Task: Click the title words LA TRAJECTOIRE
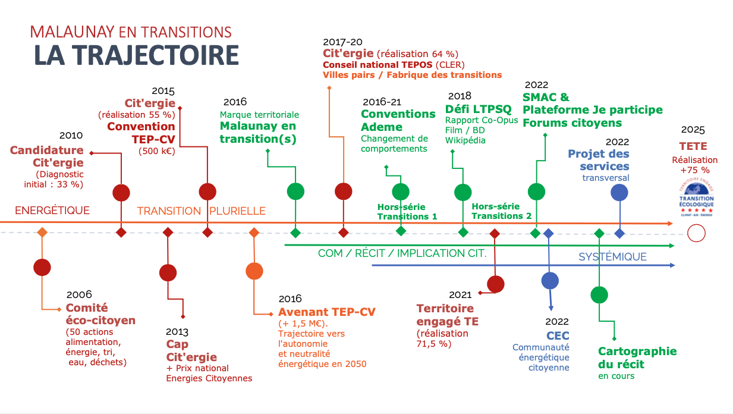[137, 55]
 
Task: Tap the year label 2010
[71, 135]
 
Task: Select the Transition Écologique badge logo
[697, 197]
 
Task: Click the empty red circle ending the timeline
[696, 233]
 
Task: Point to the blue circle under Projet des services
[619, 193]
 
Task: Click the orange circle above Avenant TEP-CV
[254, 271]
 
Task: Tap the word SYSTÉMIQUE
[612, 256]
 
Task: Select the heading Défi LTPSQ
[478, 109]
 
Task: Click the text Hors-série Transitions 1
[407, 212]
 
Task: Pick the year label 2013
[177, 332]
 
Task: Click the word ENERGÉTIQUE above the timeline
[52, 211]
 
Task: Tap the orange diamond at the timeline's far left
[42, 232]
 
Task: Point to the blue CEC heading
[558, 335]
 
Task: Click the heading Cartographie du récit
[637, 357]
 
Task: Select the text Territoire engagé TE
[447, 315]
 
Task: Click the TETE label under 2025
[693, 146]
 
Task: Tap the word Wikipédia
[465, 140]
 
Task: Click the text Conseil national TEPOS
[377, 65]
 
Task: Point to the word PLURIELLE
[237, 211]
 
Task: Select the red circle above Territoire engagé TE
[495, 284]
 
